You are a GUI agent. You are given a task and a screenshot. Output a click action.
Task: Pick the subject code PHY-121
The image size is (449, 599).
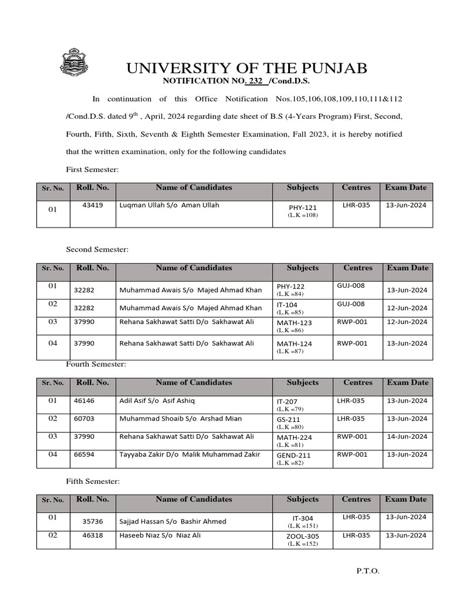(x=302, y=207)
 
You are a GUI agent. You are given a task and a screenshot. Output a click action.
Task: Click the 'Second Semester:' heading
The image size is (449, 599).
(x=97, y=249)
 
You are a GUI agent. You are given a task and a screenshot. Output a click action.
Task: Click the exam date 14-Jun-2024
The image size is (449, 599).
(x=407, y=436)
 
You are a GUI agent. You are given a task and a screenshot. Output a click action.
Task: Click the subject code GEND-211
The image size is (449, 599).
(x=293, y=455)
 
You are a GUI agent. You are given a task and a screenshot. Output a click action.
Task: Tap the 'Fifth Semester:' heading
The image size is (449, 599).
(x=92, y=481)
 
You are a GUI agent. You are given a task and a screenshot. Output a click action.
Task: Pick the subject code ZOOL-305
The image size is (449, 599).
(x=302, y=536)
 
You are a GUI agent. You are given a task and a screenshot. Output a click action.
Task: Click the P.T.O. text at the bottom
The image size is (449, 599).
(x=368, y=572)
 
